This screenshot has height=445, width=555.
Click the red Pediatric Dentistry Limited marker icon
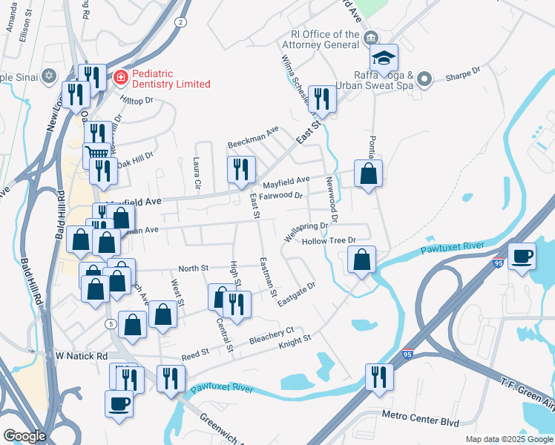point(119,76)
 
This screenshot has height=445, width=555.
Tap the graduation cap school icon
point(384,57)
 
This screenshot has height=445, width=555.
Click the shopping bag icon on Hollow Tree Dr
point(361,260)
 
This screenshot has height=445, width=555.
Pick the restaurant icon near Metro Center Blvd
point(379,376)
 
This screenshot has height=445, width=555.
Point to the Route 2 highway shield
point(180,23)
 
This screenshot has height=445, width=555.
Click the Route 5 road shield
point(110,323)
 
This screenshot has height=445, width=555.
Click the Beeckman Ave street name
point(253,137)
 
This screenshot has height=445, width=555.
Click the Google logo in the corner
point(24,436)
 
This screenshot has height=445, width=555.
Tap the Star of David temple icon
point(49,76)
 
